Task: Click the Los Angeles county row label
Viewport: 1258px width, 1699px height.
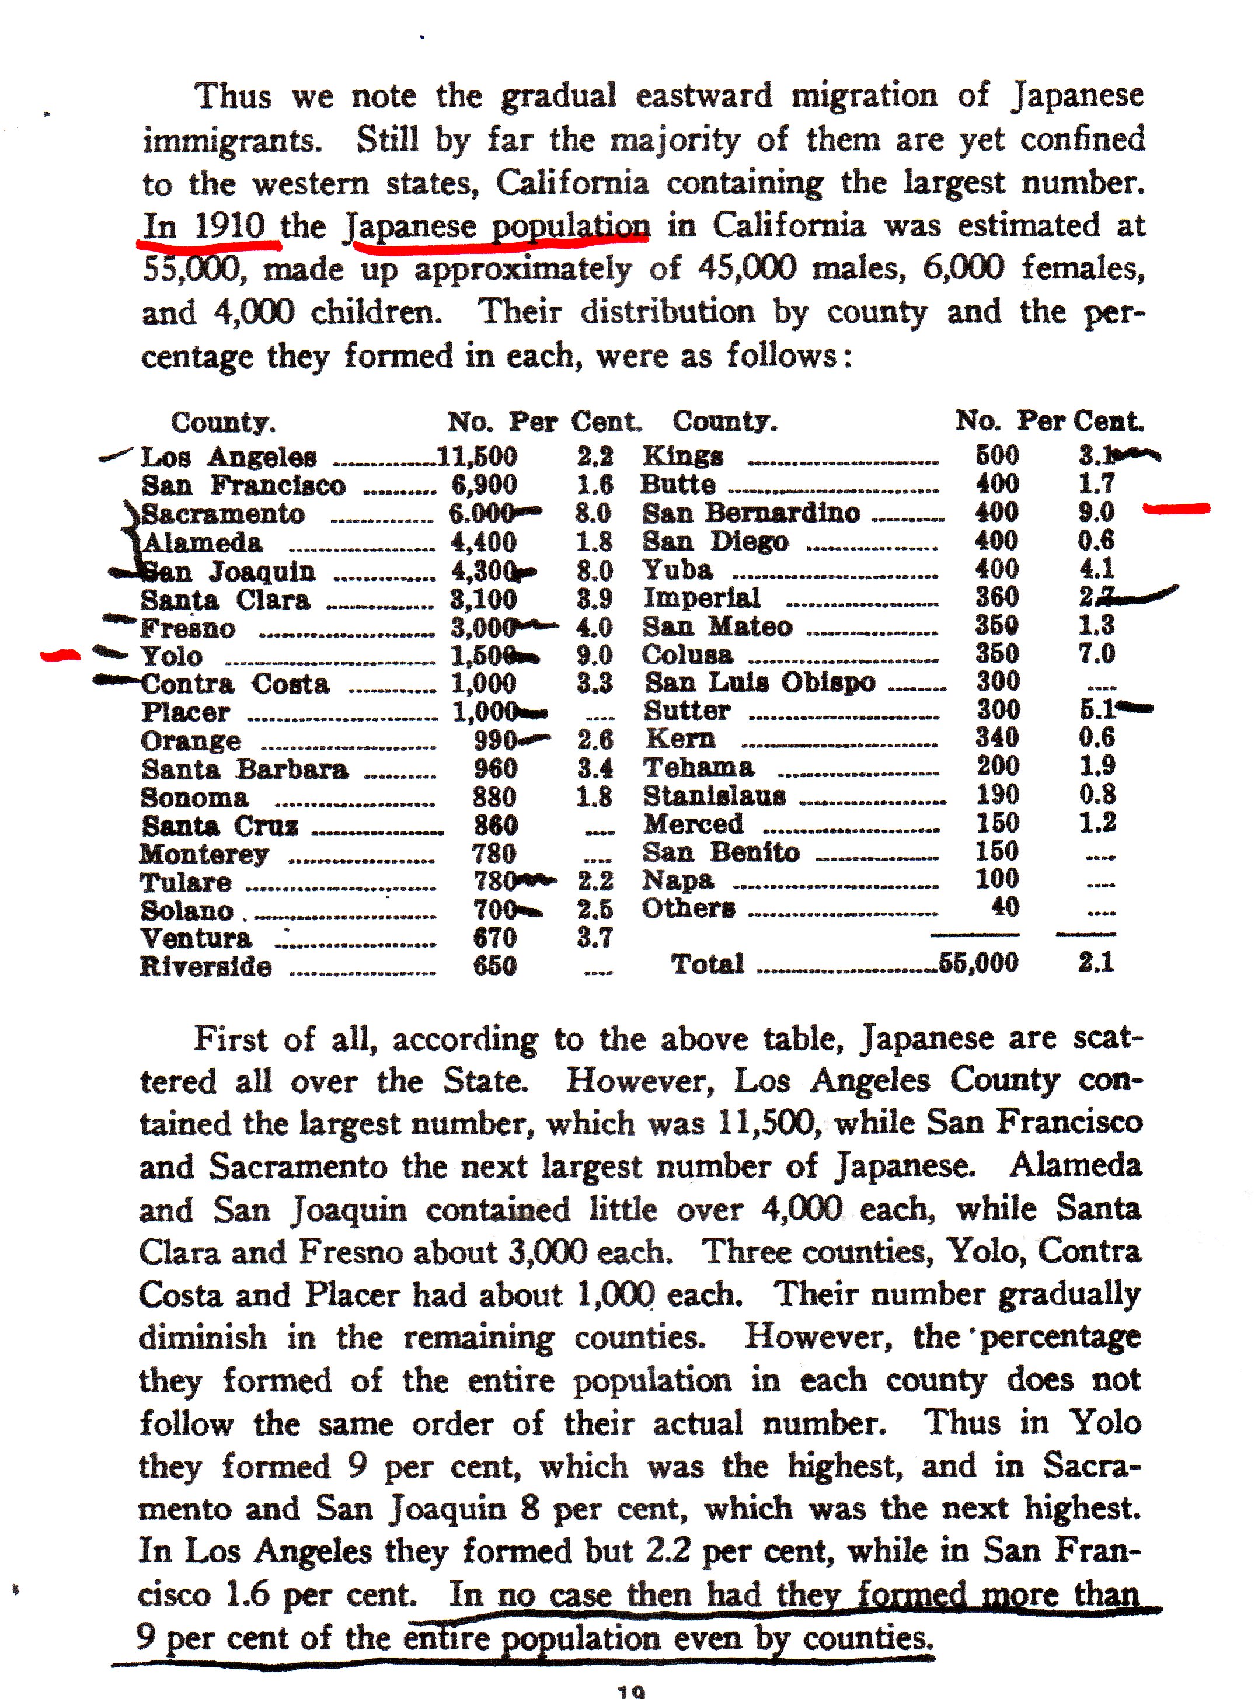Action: pos(228,457)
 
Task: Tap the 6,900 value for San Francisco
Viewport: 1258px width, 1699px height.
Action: pos(485,485)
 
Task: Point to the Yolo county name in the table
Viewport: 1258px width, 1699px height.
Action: pos(172,656)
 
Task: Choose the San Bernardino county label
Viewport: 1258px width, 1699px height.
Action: pos(751,513)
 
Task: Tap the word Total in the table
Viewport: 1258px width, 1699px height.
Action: pos(707,963)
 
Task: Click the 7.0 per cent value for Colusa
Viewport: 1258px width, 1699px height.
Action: pos(1096,653)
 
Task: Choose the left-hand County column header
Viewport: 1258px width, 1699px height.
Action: pos(223,421)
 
